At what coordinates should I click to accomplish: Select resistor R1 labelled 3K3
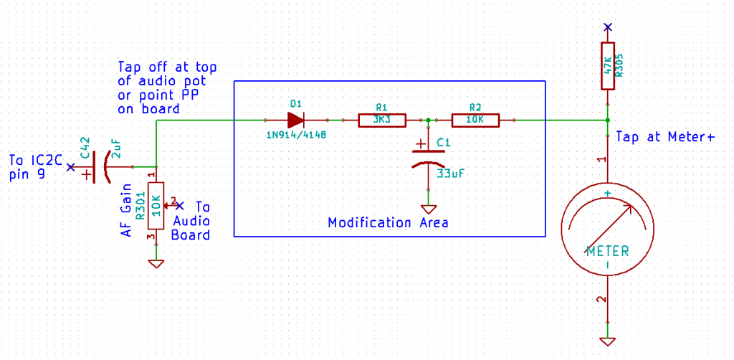click(x=381, y=120)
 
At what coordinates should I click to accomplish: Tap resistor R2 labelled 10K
click(x=475, y=120)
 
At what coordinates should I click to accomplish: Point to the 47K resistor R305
click(x=607, y=65)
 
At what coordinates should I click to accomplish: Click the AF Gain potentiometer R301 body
click(x=156, y=206)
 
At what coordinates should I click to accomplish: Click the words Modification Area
click(x=388, y=222)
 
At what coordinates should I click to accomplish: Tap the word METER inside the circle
click(x=608, y=252)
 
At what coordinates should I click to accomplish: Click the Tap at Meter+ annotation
click(x=666, y=137)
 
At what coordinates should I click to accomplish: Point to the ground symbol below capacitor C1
click(x=428, y=209)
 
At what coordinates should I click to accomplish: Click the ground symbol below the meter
click(x=607, y=341)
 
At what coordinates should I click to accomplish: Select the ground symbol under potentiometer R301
click(x=156, y=264)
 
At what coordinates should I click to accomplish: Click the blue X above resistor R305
click(x=607, y=27)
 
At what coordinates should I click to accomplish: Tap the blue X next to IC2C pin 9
click(x=70, y=166)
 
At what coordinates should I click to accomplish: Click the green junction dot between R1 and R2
click(x=428, y=120)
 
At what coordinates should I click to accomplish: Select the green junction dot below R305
click(x=607, y=120)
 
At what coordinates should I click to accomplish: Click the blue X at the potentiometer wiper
click(x=178, y=206)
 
